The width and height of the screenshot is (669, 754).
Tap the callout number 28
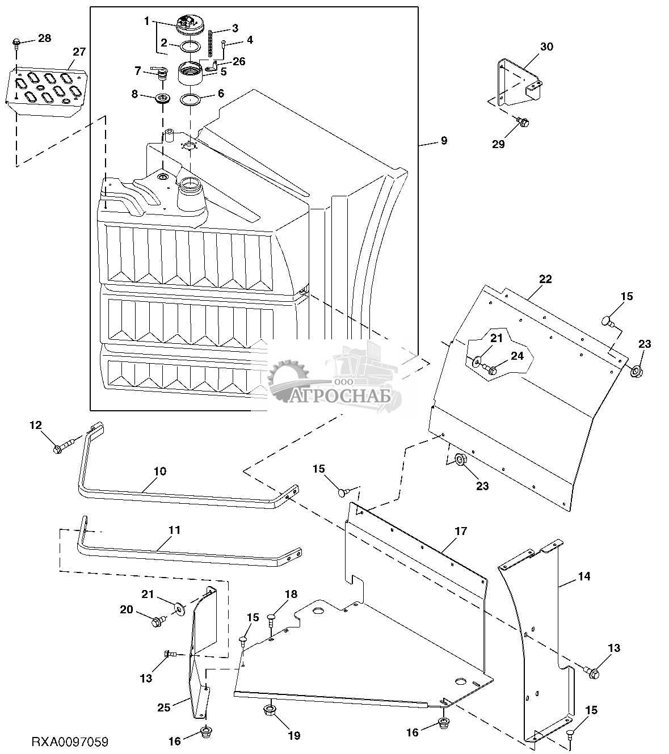44,38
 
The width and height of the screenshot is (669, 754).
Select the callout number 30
546,47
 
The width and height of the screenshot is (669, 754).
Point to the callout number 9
444,140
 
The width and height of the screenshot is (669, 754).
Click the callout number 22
545,279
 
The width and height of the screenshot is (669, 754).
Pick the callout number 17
461,531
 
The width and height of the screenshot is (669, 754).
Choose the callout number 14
584,576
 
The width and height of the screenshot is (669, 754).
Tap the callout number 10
159,471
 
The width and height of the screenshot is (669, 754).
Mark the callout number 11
174,530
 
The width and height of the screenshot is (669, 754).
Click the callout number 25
164,707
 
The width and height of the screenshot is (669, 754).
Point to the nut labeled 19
270,710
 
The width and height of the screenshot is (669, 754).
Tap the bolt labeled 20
157,622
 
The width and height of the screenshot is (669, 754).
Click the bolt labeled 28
16,42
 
